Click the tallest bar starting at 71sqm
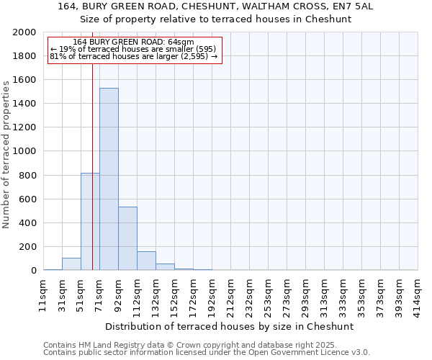click(109, 180)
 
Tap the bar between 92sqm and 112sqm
click(127, 238)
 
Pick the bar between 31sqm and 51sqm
click(71, 264)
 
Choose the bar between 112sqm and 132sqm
click(146, 261)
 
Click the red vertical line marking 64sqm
click(93, 144)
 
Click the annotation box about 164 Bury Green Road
click(134, 50)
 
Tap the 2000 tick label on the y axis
click(24, 32)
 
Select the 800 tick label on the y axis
click(27, 175)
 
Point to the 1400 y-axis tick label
click(24, 104)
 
